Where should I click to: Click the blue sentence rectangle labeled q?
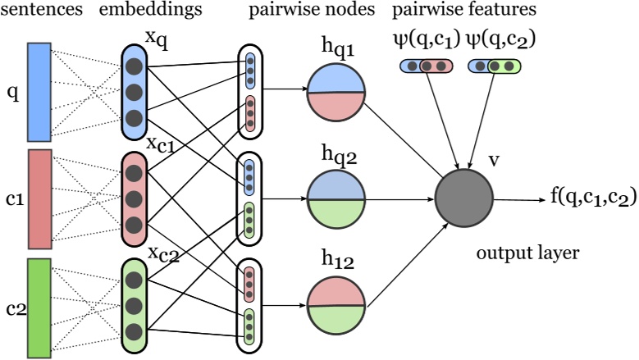coord(39,91)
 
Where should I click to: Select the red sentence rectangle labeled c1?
coord(39,198)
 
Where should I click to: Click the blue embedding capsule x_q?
coord(135,91)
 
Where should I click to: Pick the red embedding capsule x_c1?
coord(135,198)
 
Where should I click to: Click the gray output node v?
coord(463,199)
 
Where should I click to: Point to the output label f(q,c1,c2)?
coord(582,198)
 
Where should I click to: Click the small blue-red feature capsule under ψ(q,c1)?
coord(427,66)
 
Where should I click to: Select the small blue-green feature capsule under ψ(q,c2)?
coord(496,66)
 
